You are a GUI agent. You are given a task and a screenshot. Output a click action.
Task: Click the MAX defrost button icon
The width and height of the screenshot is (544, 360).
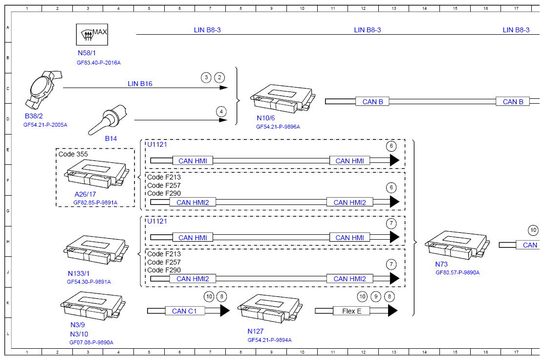pos(92,34)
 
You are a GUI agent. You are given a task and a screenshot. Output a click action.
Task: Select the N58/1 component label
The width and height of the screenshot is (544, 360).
pos(87,53)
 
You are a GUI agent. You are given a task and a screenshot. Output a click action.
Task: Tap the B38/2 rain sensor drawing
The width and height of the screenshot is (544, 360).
pos(43,89)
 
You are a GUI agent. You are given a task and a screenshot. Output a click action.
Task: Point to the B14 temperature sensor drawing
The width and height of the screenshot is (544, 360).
pos(108,119)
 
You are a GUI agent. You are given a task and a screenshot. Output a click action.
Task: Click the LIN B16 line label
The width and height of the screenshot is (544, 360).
pos(140,84)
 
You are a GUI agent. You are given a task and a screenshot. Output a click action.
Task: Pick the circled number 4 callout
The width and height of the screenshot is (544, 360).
pos(221,112)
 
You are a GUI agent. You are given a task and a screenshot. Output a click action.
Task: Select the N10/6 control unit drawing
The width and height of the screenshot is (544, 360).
pos(283,99)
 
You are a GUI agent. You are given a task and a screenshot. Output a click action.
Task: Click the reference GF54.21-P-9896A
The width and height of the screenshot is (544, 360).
pos(278,127)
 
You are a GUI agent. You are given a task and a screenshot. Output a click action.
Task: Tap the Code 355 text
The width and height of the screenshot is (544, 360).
pos(73,154)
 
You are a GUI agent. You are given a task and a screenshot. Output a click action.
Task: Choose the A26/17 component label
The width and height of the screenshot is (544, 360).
pos(86,194)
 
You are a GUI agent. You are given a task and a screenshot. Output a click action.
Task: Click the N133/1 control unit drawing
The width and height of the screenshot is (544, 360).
pos(96,250)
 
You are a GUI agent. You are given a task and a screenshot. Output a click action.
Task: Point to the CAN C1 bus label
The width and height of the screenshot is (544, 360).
pos(184,311)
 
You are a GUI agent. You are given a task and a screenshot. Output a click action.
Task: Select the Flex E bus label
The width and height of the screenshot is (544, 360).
pos(351,311)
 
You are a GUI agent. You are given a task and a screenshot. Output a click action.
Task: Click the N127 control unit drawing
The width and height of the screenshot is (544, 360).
pos(270,309)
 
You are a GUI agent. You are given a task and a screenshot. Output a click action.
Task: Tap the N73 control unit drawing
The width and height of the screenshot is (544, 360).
pos(457,245)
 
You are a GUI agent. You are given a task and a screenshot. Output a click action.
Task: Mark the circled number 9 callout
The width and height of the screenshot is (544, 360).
pos(376,296)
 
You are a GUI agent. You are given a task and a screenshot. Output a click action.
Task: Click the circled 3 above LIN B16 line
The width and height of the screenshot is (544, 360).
pos(206,77)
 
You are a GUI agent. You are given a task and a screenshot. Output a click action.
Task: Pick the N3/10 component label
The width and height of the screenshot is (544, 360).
pos(79,334)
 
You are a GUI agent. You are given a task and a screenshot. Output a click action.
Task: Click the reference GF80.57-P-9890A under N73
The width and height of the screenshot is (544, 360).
pos(457,273)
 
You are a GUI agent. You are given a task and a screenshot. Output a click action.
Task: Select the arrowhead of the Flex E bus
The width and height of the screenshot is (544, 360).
pos(393,311)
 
